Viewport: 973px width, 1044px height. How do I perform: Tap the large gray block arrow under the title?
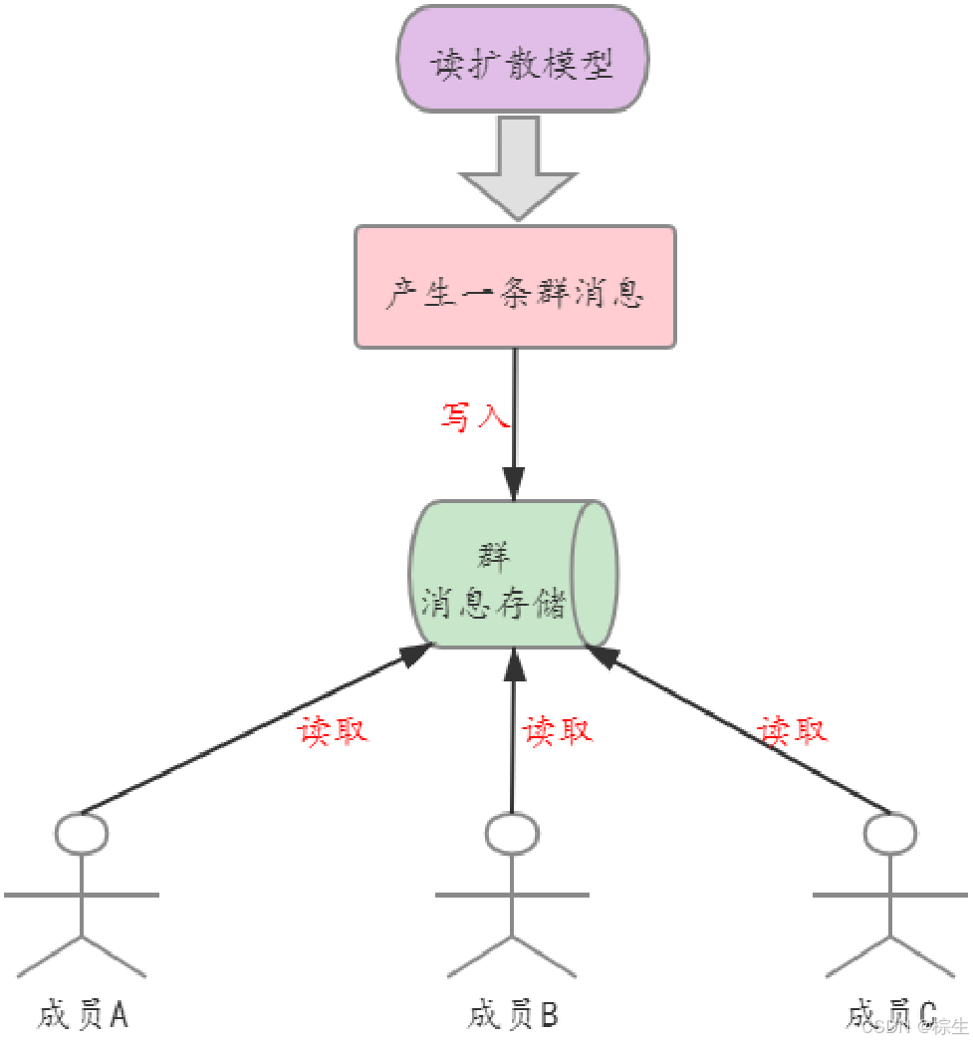[518, 165]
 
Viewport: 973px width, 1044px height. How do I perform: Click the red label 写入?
[475, 416]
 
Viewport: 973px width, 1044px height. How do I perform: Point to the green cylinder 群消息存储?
[498, 575]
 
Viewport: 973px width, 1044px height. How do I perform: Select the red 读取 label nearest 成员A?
[333, 730]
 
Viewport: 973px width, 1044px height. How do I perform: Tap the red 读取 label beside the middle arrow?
[558, 730]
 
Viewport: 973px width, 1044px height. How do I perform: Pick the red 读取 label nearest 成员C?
[793, 730]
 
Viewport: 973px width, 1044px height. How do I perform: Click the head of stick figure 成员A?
[82, 834]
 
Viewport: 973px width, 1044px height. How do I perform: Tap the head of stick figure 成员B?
[513, 834]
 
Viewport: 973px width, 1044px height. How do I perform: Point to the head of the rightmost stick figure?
[889, 834]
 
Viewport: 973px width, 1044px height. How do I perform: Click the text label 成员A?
[84, 1014]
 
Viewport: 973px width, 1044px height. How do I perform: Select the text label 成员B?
[514, 1014]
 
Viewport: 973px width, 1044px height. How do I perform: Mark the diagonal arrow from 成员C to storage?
[737, 727]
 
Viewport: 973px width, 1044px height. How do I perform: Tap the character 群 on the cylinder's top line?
[494, 555]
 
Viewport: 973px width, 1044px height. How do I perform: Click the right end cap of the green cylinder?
[595, 574]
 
